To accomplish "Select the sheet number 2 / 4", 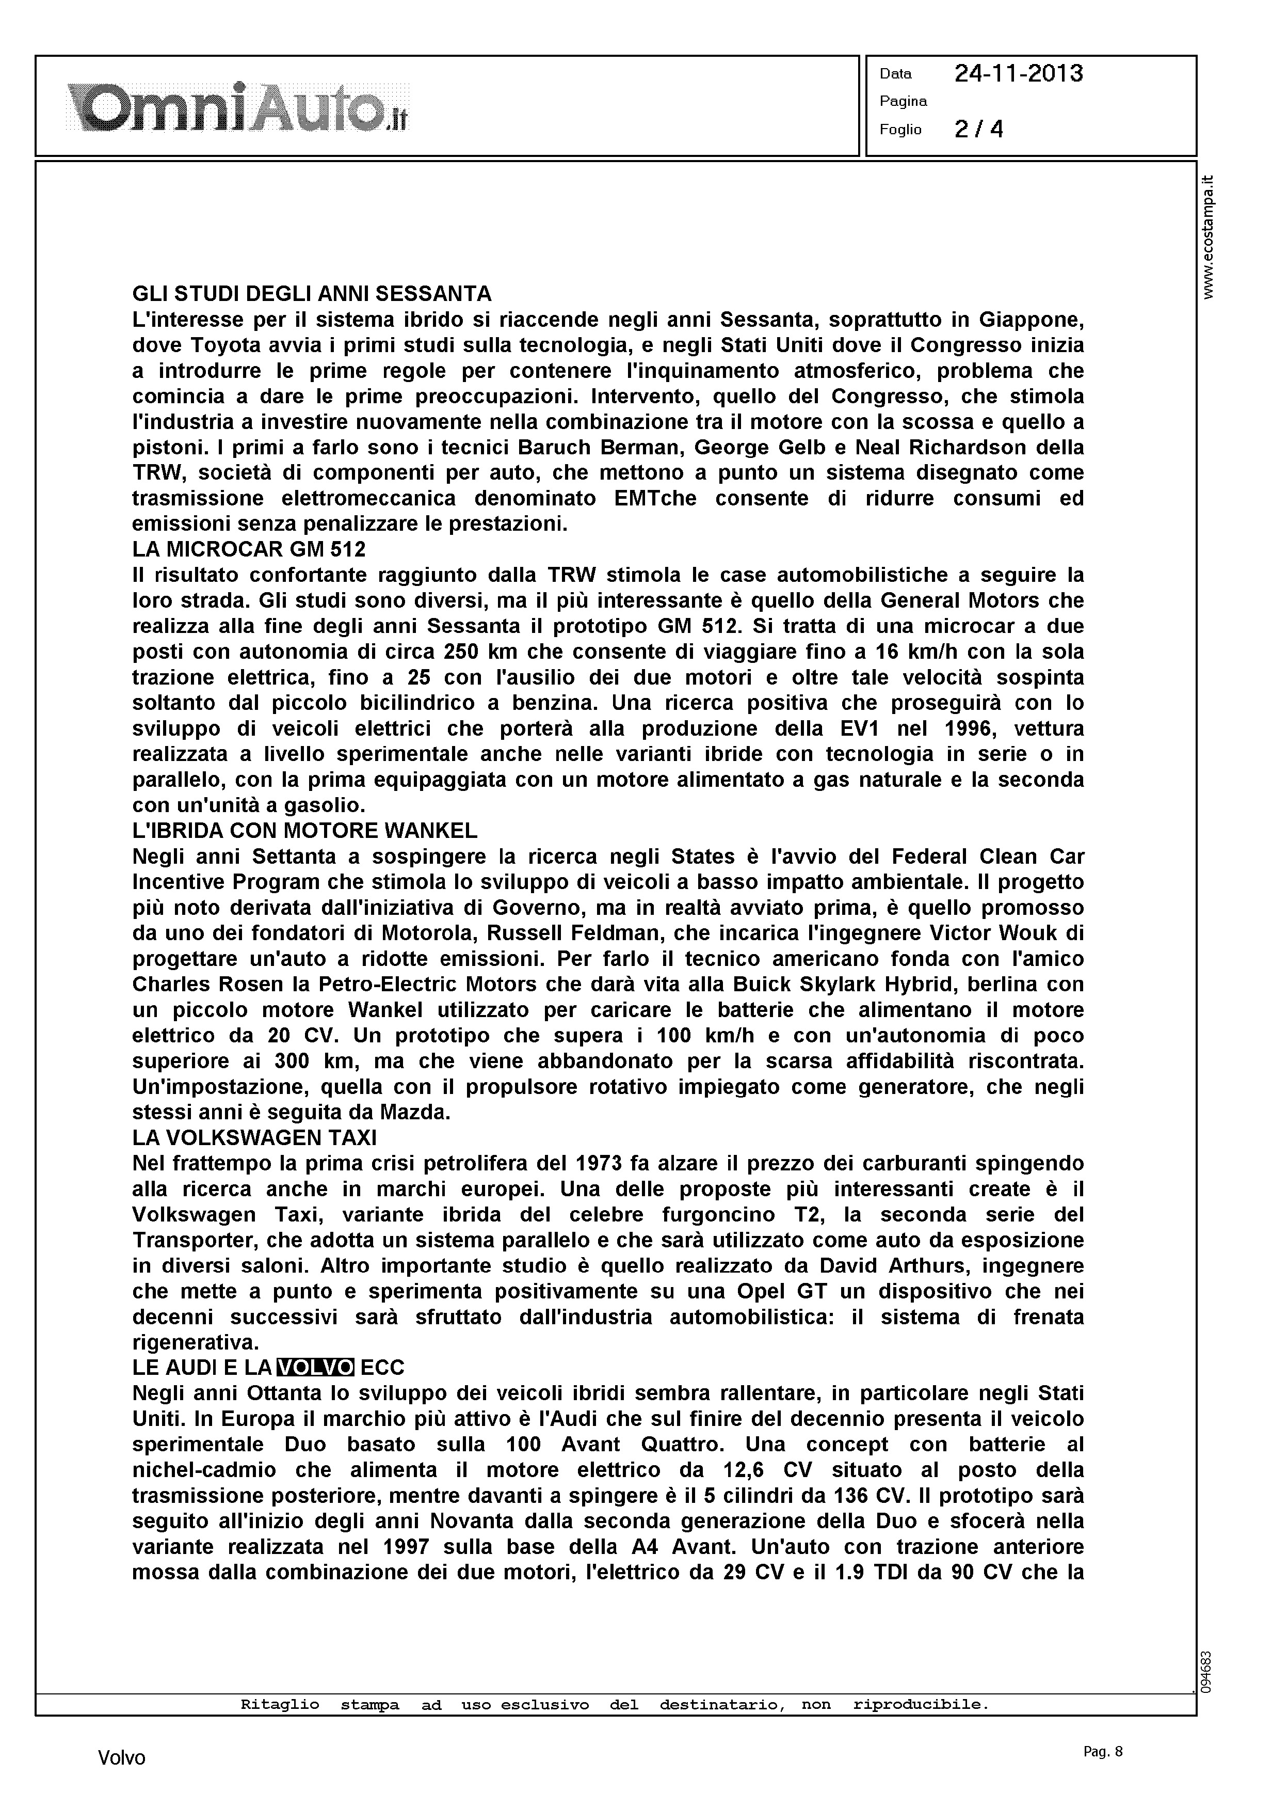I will coord(979,129).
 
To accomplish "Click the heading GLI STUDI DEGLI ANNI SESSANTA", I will coord(312,294).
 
